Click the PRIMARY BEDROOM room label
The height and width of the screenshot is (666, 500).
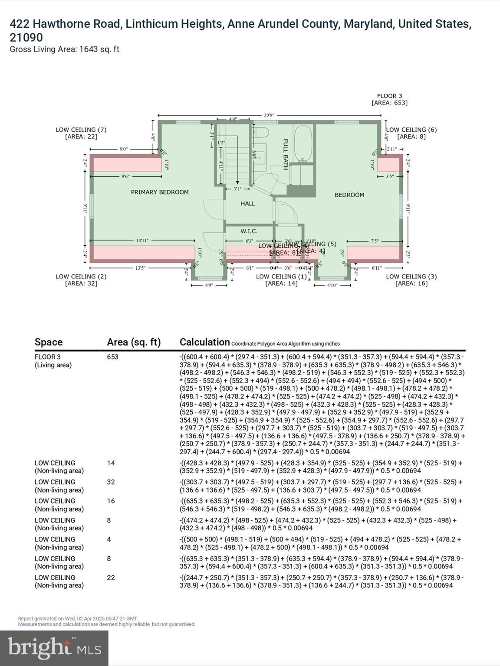(x=160, y=192)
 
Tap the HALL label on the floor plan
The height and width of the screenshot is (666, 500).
(x=248, y=203)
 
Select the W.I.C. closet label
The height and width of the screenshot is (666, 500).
(x=249, y=232)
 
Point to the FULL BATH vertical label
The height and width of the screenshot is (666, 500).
(x=286, y=154)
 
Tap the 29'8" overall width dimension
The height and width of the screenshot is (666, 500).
(x=269, y=115)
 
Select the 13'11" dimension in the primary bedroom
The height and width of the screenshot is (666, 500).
(x=142, y=240)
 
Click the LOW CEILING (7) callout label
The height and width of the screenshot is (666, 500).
(x=81, y=133)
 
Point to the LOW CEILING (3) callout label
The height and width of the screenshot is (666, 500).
(x=411, y=280)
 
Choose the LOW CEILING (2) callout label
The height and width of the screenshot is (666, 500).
(x=81, y=280)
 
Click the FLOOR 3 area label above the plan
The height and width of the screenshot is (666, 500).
(x=389, y=99)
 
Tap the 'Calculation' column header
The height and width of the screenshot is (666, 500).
(x=204, y=342)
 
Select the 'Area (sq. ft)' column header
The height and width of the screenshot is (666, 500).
(x=134, y=342)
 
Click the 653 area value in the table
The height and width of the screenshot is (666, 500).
(x=112, y=357)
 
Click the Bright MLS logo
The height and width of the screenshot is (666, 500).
(x=54, y=648)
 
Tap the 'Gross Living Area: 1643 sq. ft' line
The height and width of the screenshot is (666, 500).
(x=64, y=49)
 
